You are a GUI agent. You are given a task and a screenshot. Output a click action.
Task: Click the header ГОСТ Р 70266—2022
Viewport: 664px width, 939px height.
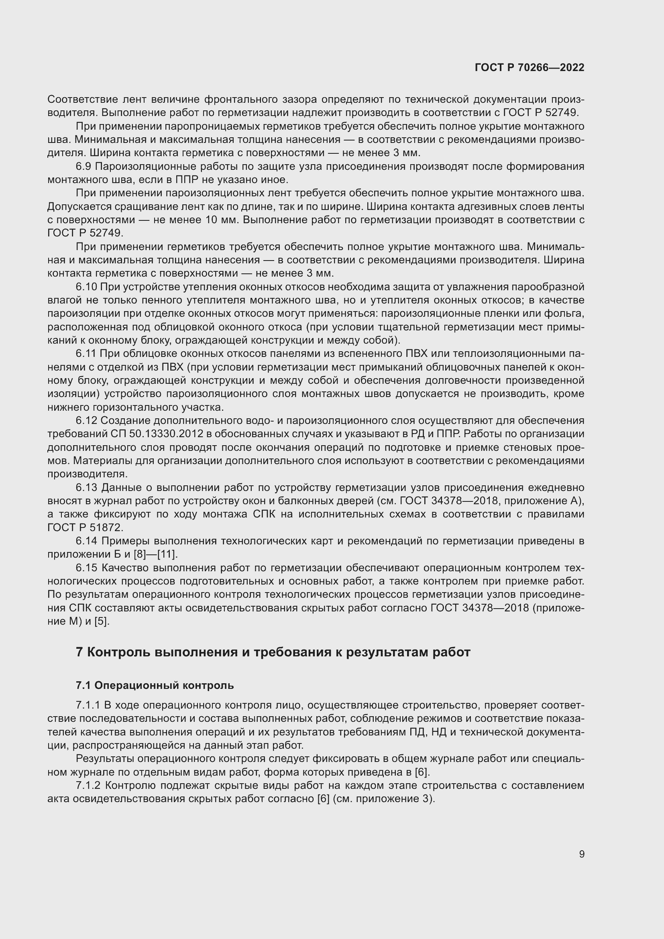(x=530, y=67)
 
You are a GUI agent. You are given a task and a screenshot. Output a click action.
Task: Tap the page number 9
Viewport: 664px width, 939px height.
(x=581, y=854)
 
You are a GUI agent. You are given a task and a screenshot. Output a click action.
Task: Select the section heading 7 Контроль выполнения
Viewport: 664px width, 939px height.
(x=273, y=652)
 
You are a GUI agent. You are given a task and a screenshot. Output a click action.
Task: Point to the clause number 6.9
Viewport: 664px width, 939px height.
(x=84, y=167)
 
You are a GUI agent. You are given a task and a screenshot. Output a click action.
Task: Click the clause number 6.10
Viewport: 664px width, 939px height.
(x=86, y=287)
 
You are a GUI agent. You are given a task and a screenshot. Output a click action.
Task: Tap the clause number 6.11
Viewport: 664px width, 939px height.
(x=86, y=354)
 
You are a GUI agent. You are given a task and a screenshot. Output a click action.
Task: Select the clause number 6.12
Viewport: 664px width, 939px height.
(x=86, y=420)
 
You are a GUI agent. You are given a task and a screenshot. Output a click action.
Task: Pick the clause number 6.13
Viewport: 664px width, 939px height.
(x=86, y=487)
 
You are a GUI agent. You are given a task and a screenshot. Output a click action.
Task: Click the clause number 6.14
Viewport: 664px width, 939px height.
(x=86, y=541)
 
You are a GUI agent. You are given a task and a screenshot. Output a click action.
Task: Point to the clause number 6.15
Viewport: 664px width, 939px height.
(x=86, y=568)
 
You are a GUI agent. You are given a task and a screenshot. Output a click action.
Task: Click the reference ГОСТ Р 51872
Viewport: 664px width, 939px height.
(x=85, y=528)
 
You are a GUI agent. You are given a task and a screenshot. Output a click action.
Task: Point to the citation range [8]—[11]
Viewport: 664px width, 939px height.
(x=156, y=554)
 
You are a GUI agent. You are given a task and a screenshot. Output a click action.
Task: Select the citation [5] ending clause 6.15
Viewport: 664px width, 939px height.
(x=101, y=621)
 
